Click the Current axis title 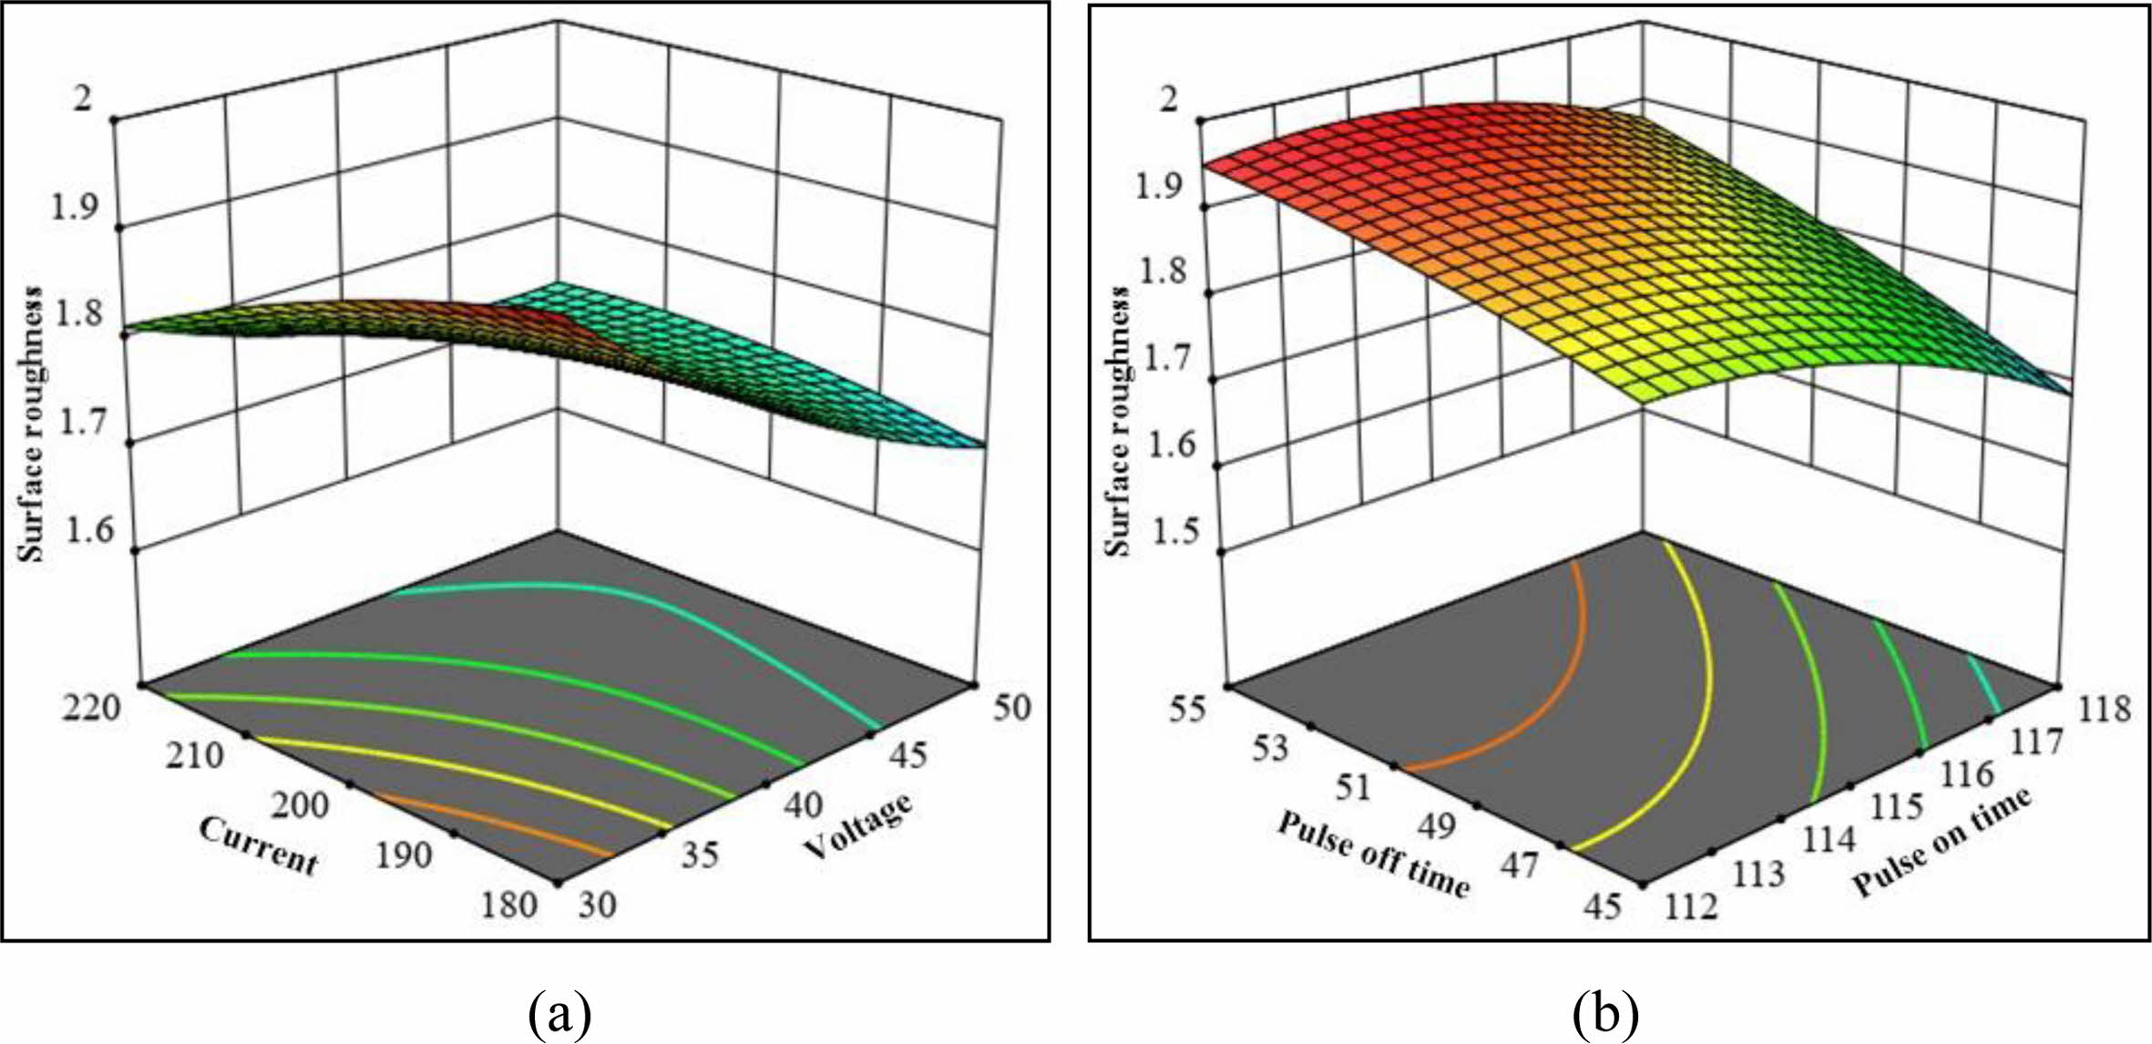[259, 845]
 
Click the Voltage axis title [858, 825]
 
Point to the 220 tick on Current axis [93, 706]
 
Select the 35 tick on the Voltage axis [700, 854]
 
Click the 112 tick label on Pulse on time [1691, 906]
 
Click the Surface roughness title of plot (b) [1118, 420]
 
